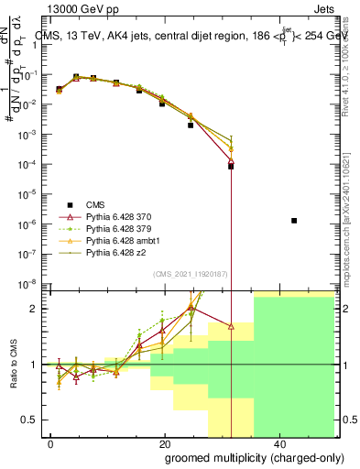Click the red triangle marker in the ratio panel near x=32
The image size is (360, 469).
click(x=231, y=325)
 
